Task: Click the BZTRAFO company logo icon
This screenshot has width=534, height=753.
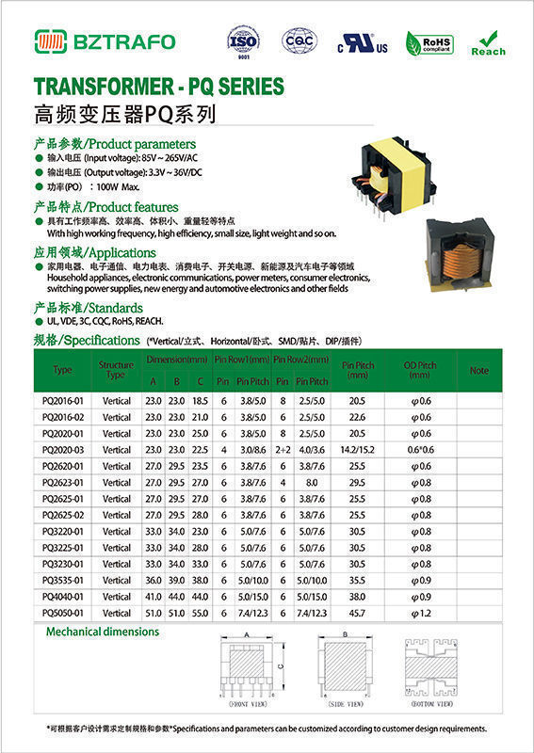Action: (52, 40)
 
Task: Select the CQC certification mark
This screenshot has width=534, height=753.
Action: (299, 40)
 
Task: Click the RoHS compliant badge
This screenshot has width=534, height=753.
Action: (429, 42)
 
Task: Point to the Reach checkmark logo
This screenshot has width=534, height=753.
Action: (487, 42)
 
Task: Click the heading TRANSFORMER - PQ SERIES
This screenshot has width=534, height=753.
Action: (158, 87)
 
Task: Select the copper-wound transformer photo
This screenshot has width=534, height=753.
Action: (459, 252)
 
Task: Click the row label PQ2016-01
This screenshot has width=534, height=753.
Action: (63, 400)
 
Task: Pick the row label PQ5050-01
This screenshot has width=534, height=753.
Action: (63, 613)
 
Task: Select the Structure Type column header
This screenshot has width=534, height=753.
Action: (116, 369)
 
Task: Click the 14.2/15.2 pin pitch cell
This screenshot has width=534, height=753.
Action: (357, 449)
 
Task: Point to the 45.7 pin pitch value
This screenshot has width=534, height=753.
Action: (357, 613)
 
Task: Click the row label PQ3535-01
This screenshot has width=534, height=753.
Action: (63, 580)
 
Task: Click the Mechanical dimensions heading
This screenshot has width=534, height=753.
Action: (103, 632)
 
